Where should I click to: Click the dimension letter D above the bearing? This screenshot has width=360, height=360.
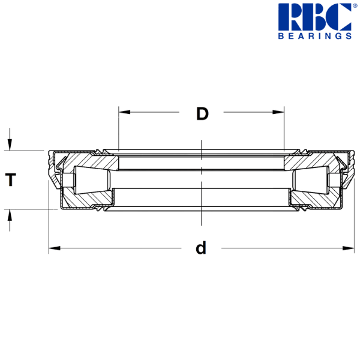(x=202, y=113)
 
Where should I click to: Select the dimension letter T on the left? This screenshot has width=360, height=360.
(x=10, y=180)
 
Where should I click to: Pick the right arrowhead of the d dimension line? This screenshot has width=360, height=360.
(x=349, y=247)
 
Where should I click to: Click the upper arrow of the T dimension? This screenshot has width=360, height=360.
(x=10, y=142)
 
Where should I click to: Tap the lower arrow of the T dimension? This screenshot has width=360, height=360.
(x=10, y=218)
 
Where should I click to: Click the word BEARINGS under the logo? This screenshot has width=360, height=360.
(x=314, y=36)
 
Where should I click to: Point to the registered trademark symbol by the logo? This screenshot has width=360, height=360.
(x=354, y=6)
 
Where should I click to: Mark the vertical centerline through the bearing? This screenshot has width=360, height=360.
(x=201, y=180)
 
